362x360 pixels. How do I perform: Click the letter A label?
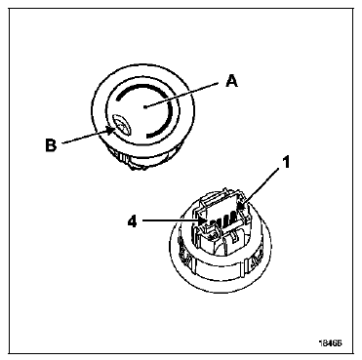tap(231, 80)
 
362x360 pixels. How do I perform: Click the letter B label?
tap(51, 145)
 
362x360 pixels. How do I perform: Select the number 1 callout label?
tap(285, 163)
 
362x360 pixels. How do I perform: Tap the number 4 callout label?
tap(132, 221)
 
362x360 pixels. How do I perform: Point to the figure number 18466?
tap(331, 342)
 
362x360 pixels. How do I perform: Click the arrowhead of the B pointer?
tap(112, 131)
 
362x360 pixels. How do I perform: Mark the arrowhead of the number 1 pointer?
tap(242, 206)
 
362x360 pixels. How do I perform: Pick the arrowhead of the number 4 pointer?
tap(202, 221)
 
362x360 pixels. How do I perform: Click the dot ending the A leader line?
tap(144, 106)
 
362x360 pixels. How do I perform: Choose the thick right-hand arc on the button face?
tap(165, 120)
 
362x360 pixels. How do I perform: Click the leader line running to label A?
tap(181, 95)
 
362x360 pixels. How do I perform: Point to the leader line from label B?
tap(85, 138)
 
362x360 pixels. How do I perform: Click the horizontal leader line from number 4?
tap(170, 221)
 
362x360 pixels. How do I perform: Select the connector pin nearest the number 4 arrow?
tap(211, 224)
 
